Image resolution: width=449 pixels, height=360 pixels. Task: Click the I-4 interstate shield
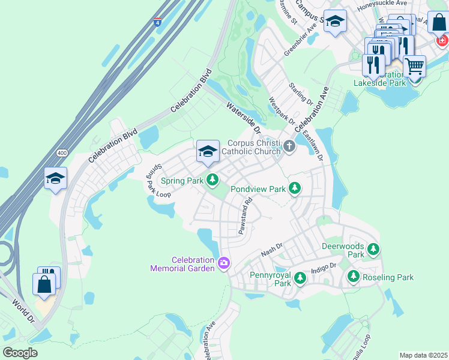157,23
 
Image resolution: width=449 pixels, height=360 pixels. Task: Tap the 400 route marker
62,154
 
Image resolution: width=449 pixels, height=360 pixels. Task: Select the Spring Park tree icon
212,179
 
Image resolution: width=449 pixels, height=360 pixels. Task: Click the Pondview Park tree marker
294,188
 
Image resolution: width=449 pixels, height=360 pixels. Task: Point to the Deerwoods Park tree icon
373,248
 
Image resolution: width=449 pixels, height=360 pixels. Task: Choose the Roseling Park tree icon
353,277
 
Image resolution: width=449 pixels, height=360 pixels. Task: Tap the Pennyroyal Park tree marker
300,277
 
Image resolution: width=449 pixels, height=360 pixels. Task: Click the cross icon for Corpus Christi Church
289,146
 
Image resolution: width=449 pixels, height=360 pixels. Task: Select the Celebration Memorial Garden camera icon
224,263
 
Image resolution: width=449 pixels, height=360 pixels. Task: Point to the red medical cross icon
442,40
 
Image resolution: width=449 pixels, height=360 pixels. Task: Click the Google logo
20,353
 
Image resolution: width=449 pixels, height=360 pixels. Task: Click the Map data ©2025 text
423,355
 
